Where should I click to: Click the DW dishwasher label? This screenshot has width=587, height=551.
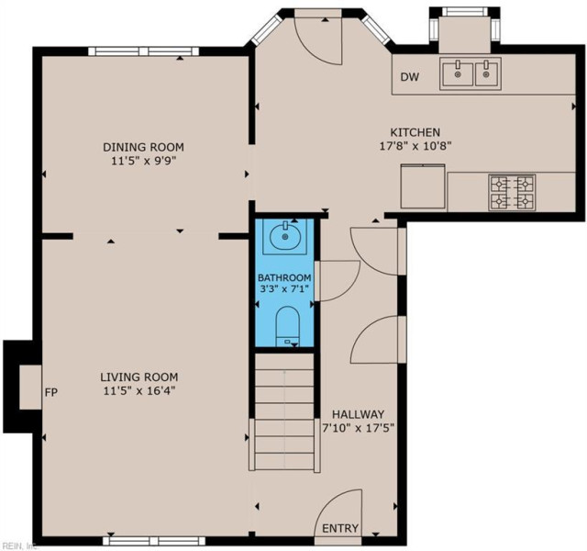click(x=410, y=77)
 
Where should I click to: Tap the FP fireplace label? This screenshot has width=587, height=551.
click(x=51, y=392)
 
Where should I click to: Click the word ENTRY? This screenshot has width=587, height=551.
click(x=340, y=528)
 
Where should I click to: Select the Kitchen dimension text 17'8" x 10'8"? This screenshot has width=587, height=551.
click(x=415, y=146)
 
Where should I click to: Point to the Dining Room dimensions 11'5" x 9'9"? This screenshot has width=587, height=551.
click(x=143, y=161)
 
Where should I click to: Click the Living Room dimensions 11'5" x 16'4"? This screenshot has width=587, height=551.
click(x=139, y=391)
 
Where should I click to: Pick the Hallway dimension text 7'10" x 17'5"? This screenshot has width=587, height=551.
click(x=359, y=428)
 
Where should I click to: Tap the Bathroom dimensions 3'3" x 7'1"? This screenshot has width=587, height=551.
click(x=284, y=288)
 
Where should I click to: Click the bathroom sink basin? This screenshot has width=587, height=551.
click(x=285, y=237)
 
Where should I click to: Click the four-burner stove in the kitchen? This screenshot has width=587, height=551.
click(x=512, y=192)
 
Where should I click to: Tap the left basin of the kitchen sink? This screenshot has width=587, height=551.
click(x=458, y=73)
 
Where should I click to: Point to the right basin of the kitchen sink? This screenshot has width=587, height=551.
click(x=486, y=73)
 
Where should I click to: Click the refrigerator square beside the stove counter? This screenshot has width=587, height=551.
click(x=423, y=186)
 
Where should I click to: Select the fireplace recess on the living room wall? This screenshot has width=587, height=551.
click(x=30, y=387)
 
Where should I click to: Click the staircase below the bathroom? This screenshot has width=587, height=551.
click(x=284, y=411)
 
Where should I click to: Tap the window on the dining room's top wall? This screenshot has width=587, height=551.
click(x=144, y=51)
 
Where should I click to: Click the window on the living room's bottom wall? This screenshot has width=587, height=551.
click(x=154, y=541)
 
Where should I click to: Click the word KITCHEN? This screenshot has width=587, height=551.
click(x=415, y=132)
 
